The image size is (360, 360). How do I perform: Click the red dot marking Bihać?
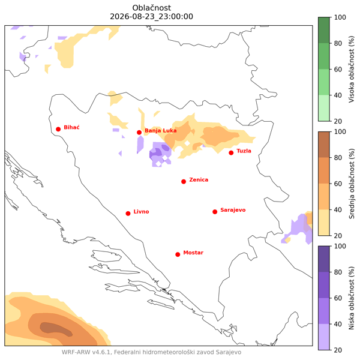[58, 129]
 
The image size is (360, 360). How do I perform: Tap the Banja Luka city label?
[160, 131]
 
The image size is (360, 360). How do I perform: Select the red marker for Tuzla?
[231, 153]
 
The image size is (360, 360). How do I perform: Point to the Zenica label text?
[199, 180]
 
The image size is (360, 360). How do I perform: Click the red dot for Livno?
[128, 214]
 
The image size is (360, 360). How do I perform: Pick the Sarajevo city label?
[233, 210]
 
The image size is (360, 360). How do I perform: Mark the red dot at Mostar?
[178, 254]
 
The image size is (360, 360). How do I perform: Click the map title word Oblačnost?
[152, 8]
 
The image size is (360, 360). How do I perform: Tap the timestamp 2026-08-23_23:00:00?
[152, 17]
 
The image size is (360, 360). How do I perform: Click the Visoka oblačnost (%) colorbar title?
[352, 69]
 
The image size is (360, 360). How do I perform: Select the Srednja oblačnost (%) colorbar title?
[352, 184]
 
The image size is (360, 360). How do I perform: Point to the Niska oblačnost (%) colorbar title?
[352, 298]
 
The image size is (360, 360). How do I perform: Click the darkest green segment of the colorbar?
[324, 30]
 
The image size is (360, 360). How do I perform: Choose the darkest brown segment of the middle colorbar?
[324, 145]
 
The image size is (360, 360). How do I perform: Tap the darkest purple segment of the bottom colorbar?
[324, 259]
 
